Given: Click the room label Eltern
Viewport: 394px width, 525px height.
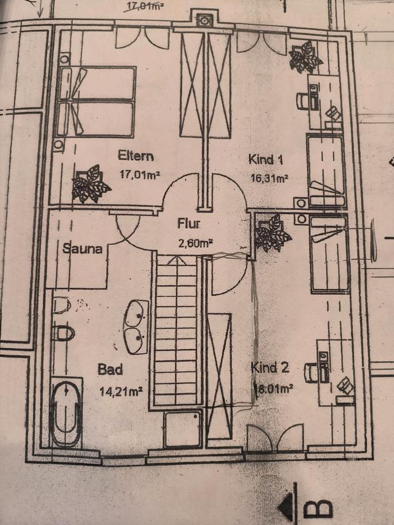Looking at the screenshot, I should click(x=136, y=156).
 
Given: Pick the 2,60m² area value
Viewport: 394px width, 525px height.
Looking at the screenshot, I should click(x=195, y=243).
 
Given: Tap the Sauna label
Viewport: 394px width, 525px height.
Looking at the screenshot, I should click(x=83, y=249).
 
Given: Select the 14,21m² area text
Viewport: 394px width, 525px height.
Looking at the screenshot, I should click(x=121, y=390).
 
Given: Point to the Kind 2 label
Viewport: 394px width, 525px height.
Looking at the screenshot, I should click(x=270, y=367).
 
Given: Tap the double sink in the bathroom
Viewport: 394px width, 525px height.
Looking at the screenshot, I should click(x=136, y=327).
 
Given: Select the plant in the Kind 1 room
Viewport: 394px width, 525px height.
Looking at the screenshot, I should click(x=304, y=57).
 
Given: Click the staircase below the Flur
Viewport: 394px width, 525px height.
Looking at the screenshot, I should click(x=175, y=331).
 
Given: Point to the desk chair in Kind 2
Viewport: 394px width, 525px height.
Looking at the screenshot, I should click(x=311, y=372).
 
